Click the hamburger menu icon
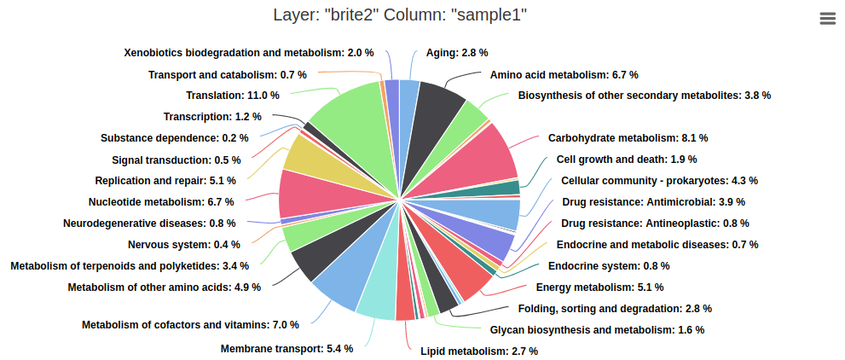click(x=827, y=19)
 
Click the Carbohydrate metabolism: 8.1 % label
click(x=628, y=137)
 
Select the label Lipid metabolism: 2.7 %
click(x=479, y=351)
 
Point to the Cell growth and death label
click(x=626, y=159)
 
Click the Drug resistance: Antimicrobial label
click(x=653, y=202)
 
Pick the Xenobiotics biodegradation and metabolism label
click(x=249, y=52)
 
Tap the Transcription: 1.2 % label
click(x=212, y=116)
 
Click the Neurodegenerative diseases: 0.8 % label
click(x=149, y=224)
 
